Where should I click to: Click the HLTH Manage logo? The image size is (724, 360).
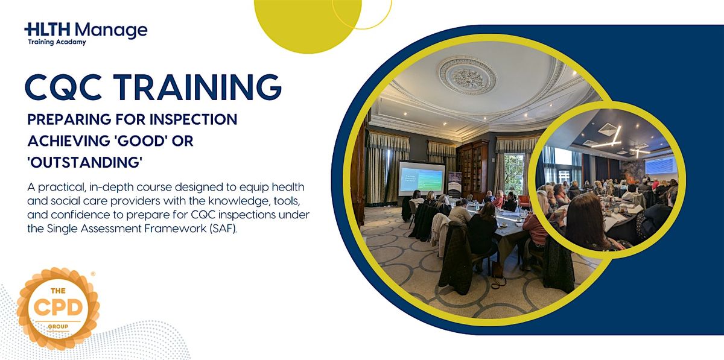coord(86,34)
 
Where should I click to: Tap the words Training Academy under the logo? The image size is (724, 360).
coord(57,42)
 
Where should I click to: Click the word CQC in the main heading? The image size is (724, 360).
coord(63,87)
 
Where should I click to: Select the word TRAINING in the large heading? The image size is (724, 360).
coord(197,87)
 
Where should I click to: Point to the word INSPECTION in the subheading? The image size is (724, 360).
coord(193,119)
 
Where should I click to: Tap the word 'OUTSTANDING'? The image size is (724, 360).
coord(85,162)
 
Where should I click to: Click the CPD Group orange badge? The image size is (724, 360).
coord(58,309)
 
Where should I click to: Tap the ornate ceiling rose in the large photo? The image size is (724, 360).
coord(467,75)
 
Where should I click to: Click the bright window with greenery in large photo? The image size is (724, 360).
coord(513,174)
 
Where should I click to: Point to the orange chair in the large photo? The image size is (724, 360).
coord(524,201)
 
